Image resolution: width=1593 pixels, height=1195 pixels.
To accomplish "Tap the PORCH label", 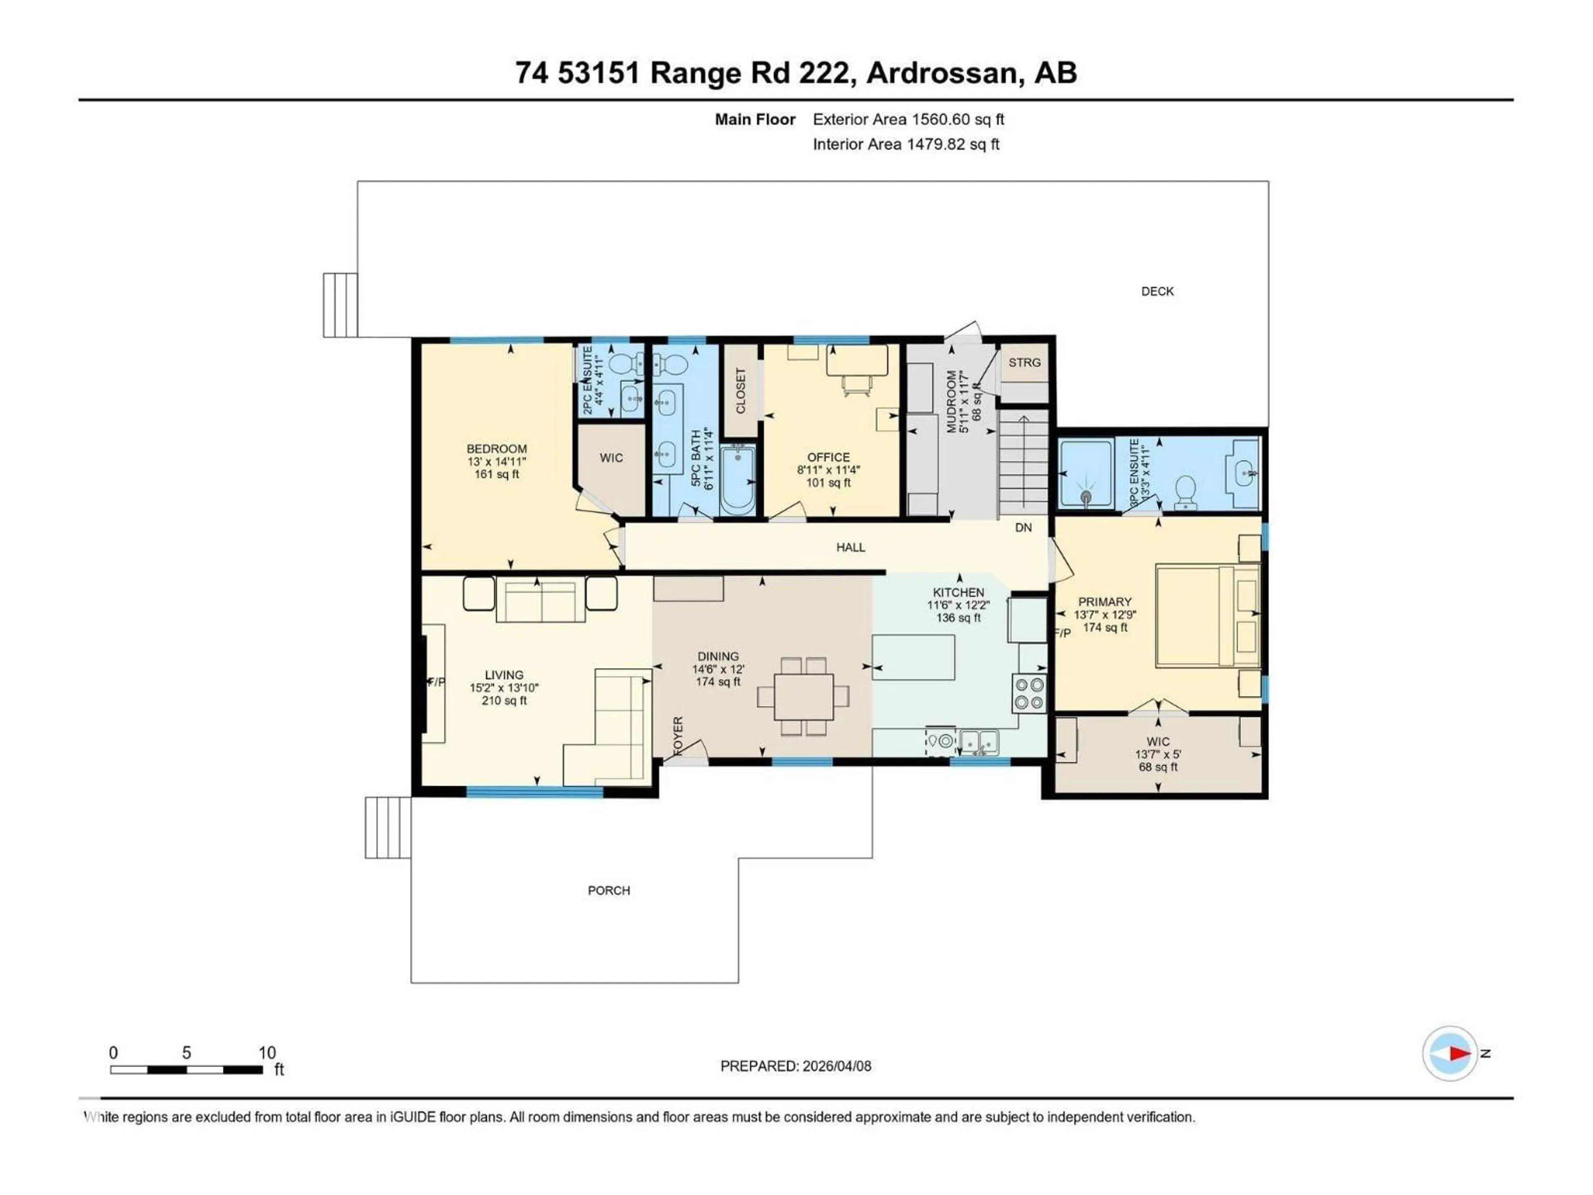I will pyautogui.click(x=609, y=890).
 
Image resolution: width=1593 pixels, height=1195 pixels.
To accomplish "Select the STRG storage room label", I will pyautogui.click(x=1024, y=362).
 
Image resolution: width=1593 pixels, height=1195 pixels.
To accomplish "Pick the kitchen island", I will pyautogui.click(x=913, y=657).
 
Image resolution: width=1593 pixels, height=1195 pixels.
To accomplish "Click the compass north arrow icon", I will pyautogui.click(x=1450, y=1053).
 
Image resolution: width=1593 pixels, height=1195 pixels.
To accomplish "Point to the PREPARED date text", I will pyautogui.click(x=795, y=1066).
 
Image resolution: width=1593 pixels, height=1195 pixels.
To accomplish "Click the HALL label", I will pyautogui.click(x=850, y=547).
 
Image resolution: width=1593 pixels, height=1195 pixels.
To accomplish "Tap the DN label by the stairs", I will pyautogui.click(x=1023, y=527).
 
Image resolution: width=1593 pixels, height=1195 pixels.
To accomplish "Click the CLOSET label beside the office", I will pyautogui.click(x=740, y=391).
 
